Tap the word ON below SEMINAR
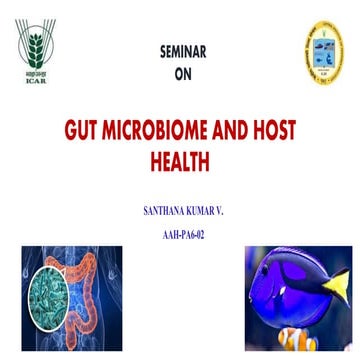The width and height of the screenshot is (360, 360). [x=180, y=71]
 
